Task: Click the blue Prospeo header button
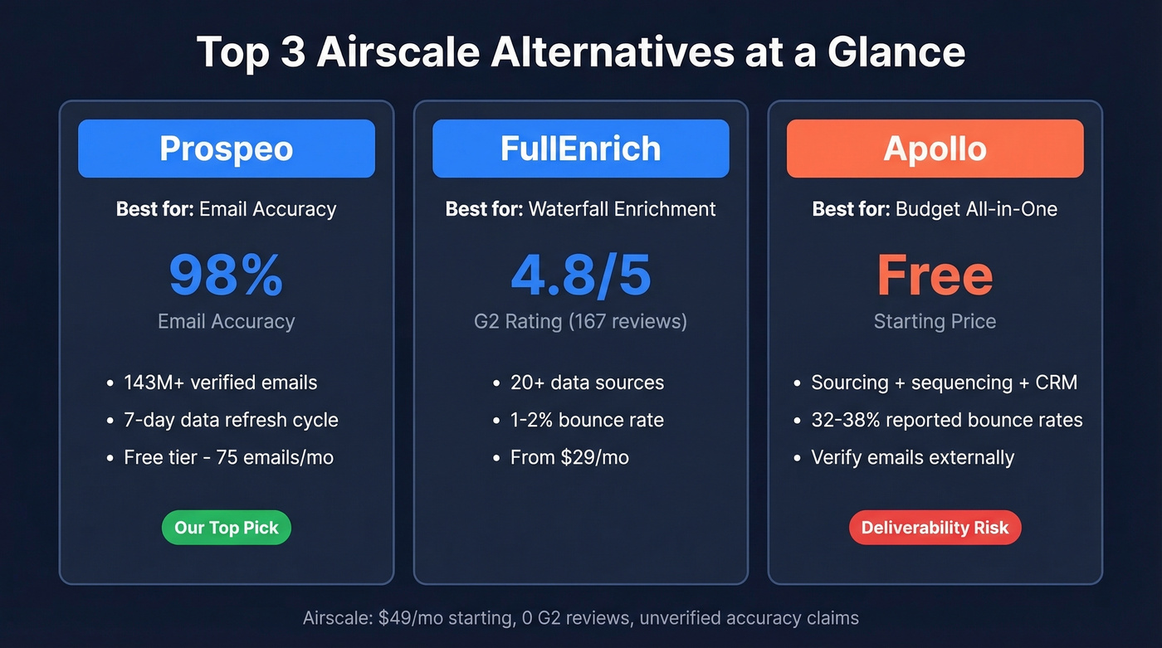226,149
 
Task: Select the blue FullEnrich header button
580,149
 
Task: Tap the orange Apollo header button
935,149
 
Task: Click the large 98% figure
226,275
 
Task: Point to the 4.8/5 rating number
580,275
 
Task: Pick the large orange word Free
935,275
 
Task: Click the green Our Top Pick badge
226,528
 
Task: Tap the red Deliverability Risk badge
935,528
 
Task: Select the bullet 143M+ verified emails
220,382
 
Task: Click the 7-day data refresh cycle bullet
231,420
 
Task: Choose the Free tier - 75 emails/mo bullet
228,457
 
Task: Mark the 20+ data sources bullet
587,382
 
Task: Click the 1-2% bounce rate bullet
587,420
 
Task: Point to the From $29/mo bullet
569,457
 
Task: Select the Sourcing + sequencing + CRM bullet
944,382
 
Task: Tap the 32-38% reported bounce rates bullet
946,420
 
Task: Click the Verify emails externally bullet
912,457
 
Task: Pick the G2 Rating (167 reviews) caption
580,321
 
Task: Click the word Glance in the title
896,51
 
